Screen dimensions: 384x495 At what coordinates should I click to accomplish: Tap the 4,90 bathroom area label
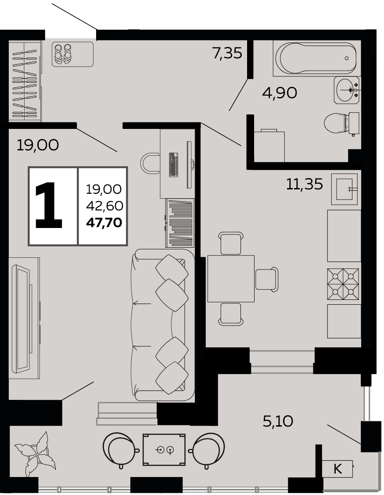[280, 93]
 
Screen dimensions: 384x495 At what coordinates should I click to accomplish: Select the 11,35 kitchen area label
[305, 184]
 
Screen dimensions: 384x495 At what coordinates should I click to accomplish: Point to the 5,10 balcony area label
[278, 421]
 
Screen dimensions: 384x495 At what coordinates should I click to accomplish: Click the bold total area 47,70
[104, 223]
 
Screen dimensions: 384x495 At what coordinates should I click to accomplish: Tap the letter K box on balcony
[337, 469]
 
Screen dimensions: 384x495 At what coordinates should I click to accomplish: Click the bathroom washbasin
[347, 90]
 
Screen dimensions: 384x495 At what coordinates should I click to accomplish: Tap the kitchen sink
[344, 189]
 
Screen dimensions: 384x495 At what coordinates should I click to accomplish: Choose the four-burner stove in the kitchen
[343, 284]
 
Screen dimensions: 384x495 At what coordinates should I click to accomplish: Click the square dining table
[231, 279]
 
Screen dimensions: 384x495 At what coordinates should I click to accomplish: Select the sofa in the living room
[163, 325]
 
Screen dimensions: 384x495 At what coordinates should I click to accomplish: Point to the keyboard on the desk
[173, 164]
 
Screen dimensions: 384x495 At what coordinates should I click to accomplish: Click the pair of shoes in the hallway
[63, 54]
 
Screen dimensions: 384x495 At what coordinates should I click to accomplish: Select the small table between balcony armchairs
[164, 449]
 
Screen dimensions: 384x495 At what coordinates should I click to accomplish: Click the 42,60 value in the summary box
[104, 206]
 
